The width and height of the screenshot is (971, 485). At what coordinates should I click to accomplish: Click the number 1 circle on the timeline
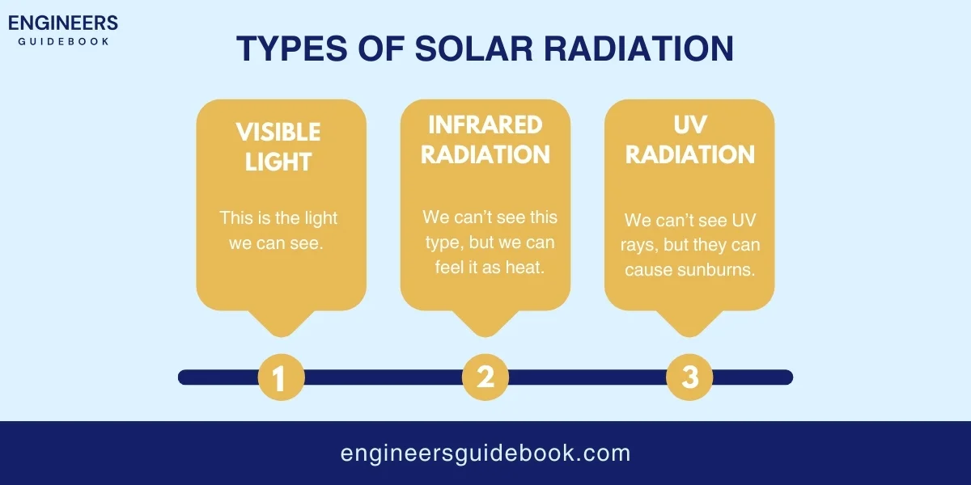coord(281,377)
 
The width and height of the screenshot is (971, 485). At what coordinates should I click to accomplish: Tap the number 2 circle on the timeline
coord(485,377)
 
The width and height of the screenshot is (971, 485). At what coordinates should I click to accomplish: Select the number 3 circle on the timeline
coord(689,377)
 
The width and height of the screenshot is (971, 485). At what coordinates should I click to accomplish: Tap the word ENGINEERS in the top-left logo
coord(63,23)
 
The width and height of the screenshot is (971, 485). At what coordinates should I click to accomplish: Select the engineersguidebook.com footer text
coord(485,453)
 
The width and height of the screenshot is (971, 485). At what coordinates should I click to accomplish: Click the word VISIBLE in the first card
coord(278,132)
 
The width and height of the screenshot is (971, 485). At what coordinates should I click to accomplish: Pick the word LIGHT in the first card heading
coord(278,162)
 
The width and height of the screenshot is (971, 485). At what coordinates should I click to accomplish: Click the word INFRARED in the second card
coord(485,124)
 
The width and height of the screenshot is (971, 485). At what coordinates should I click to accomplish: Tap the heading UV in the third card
coord(690,124)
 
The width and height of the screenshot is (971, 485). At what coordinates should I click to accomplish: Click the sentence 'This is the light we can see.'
coord(278,230)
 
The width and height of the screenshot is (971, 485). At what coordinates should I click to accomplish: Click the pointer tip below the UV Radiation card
coord(689,331)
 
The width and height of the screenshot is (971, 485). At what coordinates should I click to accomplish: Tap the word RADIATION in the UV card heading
coord(690,154)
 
